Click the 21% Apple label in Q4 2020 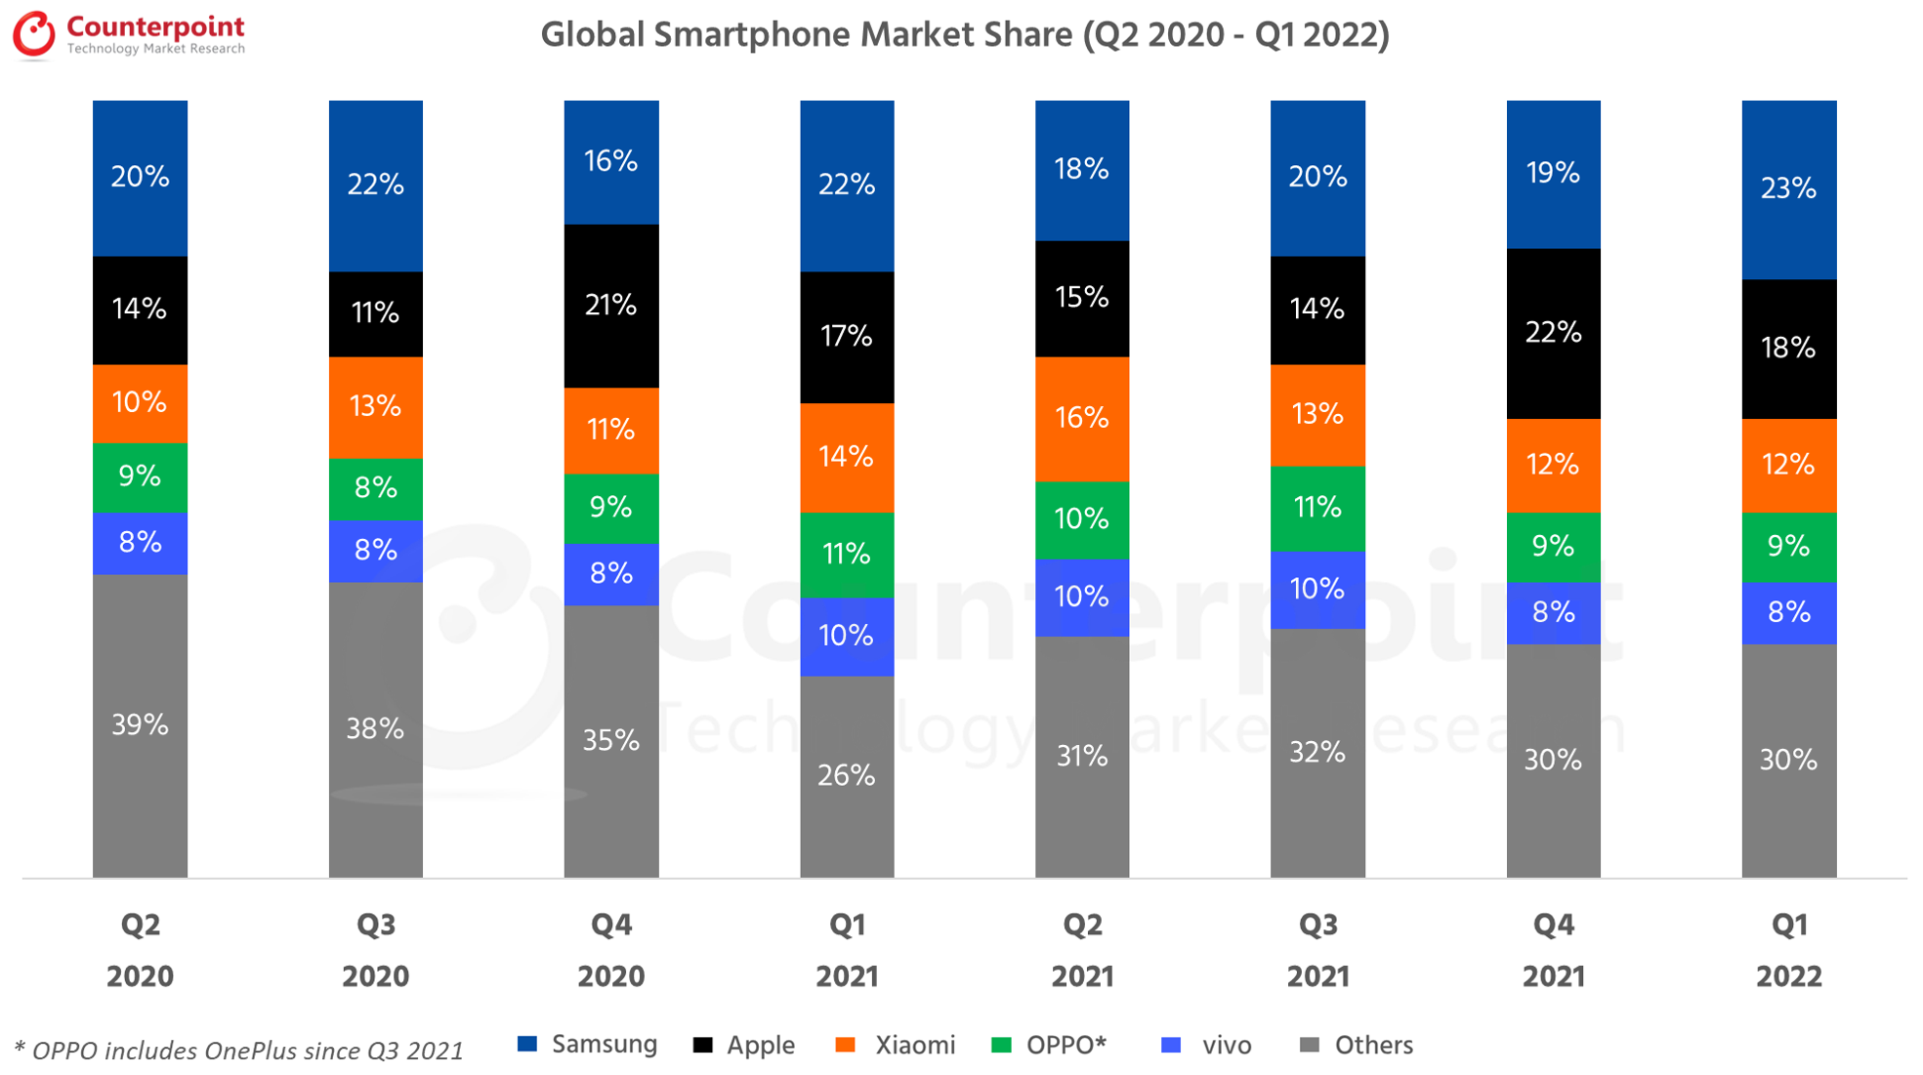(x=611, y=306)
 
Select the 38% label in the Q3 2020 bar (x=375, y=728)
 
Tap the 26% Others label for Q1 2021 (x=847, y=775)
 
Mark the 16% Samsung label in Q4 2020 (x=611, y=161)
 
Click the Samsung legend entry (x=588, y=1045)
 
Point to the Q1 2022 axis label (x=1788, y=950)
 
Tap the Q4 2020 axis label (x=611, y=950)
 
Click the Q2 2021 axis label (x=1082, y=950)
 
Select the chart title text (x=964, y=35)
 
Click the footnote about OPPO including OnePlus (x=238, y=1051)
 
